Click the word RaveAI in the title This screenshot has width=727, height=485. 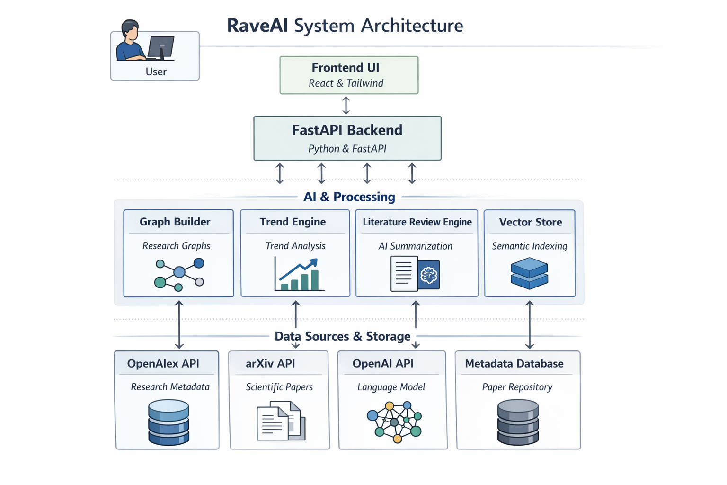pyautogui.click(x=257, y=26)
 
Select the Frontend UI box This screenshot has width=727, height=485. pyautogui.click(x=349, y=75)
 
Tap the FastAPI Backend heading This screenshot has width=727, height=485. pyautogui.click(x=347, y=130)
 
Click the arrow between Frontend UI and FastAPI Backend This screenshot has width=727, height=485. pyautogui.click(x=346, y=105)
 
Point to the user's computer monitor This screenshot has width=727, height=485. pyautogui.click(x=161, y=47)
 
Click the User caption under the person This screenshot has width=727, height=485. pyautogui.click(x=156, y=72)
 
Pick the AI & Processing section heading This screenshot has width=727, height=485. pyautogui.click(x=349, y=197)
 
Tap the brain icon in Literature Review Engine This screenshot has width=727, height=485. pyautogui.click(x=429, y=275)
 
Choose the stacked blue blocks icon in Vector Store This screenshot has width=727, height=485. pyautogui.click(x=529, y=273)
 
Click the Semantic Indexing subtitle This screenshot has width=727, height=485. pyautogui.click(x=529, y=246)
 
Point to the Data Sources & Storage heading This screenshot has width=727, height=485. pyautogui.click(x=342, y=336)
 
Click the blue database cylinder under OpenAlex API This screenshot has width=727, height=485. pyautogui.click(x=168, y=422)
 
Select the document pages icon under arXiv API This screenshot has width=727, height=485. pyautogui.click(x=281, y=421)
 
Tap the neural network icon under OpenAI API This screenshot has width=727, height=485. pyautogui.click(x=394, y=422)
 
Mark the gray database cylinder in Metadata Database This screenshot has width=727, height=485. pyautogui.click(x=518, y=422)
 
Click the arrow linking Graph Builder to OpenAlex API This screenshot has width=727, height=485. pyautogui.click(x=179, y=324)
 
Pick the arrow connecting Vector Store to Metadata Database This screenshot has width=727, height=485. pyautogui.click(x=530, y=324)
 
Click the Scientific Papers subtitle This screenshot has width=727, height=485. pyautogui.click(x=279, y=387)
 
